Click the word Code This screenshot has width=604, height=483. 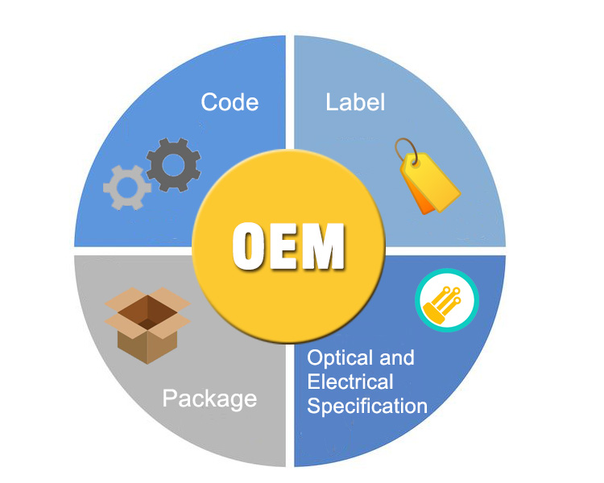(x=230, y=102)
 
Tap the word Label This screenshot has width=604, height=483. (x=355, y=102)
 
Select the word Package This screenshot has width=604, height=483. (x=209, y=399)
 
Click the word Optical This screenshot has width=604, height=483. (x=340, y=359)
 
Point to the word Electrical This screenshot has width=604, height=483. (x=350, y=382)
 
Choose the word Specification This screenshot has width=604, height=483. (x=367, y=407)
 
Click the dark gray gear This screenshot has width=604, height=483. (x=174, y=164)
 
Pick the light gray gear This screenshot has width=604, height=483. (x=126, y=188)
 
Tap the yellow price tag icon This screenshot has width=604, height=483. (x=428, y=177)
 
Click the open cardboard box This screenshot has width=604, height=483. (x=147, y=325)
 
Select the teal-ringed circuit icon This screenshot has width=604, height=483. (x=447, y=300)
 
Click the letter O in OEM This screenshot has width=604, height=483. (x=249, y=246)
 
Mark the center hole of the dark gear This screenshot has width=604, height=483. (x=174, y=165)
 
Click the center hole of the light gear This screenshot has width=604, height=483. (x=126, y=188)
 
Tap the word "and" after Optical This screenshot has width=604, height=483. (x=397, y=357)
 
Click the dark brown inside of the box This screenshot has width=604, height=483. (x=147, y=312)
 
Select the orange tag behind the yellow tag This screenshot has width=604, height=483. (x=420, y=196)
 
